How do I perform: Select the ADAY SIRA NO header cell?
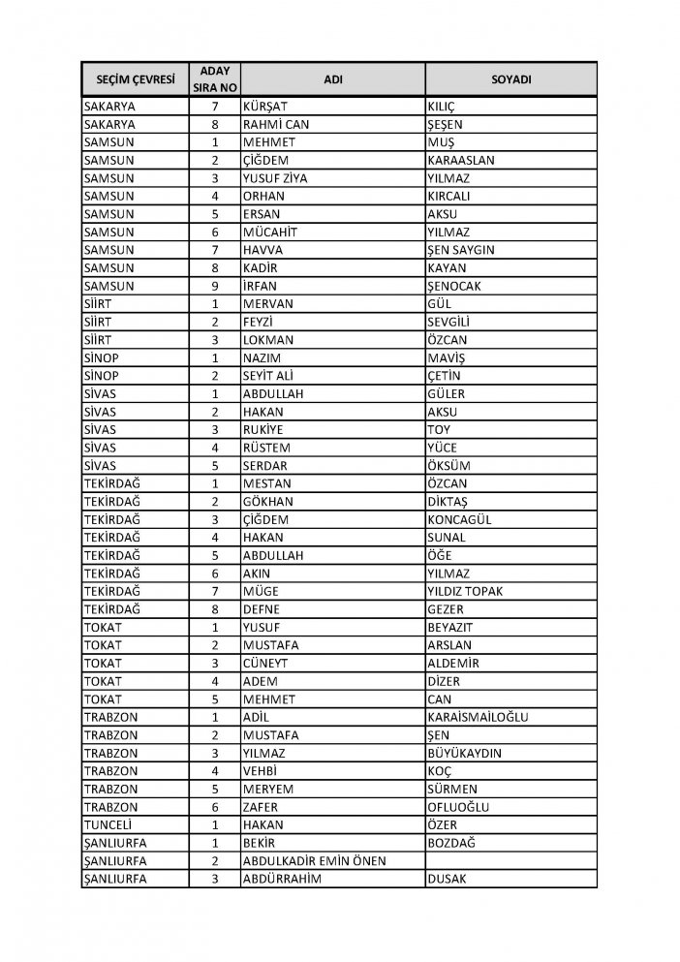point(216,78)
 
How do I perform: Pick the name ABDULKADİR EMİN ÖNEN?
point(315,861)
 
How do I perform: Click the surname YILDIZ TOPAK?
point(464,592)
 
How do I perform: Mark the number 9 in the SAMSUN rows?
point(216,286)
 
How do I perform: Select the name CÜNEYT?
point(268,664)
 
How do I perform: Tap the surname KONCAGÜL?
point(459,520)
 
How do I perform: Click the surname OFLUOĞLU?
point(458,807)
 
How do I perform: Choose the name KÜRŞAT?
point(266,107)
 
